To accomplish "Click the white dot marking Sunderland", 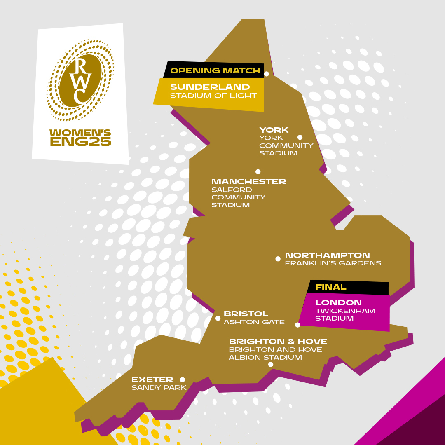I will point(267,74).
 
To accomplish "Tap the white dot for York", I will point(300,137).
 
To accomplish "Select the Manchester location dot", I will point(258,172).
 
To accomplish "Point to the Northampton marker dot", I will point(278,259).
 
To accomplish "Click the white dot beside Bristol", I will point(218,318).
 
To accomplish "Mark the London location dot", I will point(297,325).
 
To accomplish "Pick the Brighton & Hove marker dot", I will point(271,364).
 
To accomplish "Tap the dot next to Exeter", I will point(183,379).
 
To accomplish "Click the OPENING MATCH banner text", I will point(215,71).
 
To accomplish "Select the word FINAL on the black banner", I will point(331,287).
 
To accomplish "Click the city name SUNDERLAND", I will point(210,87).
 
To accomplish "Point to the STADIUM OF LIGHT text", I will point(213,96).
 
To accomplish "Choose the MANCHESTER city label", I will point(248,182).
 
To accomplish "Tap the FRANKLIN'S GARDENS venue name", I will point(333,263).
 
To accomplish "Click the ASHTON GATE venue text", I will point(254,322).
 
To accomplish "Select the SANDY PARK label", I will point(159,388).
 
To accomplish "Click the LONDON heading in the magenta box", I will point(339,303).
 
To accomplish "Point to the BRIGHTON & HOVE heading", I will point(278,342).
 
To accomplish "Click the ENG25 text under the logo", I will point(80,142).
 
